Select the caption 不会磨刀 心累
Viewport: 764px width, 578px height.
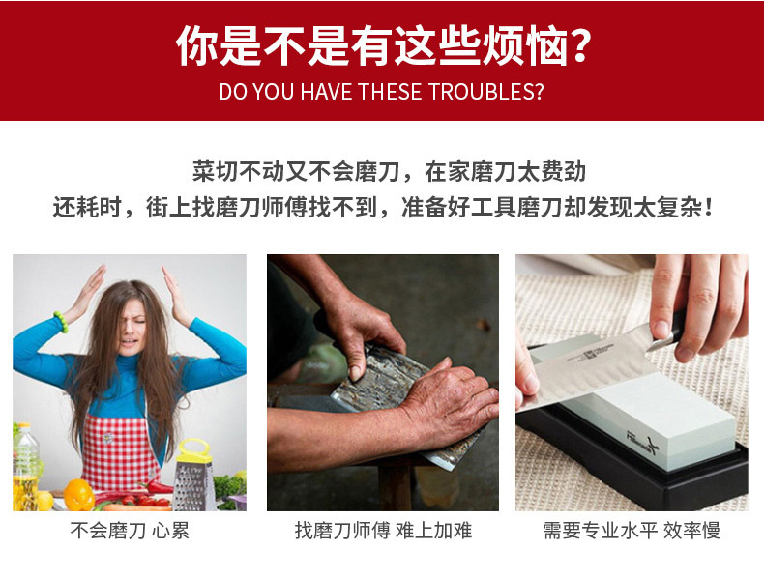click(129, 531)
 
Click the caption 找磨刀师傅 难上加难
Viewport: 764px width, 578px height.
click(382, 531)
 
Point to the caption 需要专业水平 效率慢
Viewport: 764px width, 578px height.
click(632, 531)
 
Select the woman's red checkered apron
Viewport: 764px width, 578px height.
click(121, 445)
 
